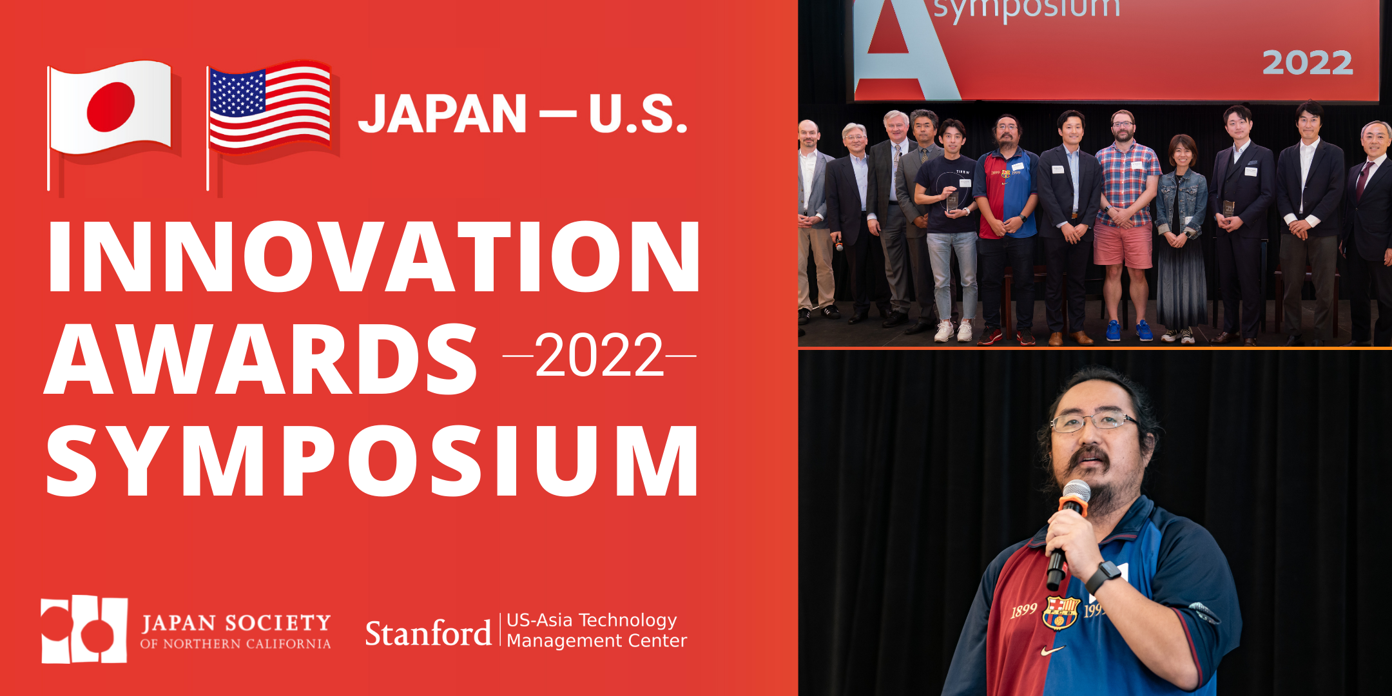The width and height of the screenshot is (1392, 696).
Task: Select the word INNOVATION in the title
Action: [374, 257]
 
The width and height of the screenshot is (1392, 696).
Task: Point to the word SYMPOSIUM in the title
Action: [372, 460]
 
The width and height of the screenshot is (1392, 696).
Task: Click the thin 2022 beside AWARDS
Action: [599, 356]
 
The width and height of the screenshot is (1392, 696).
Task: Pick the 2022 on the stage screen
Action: [1307, 63]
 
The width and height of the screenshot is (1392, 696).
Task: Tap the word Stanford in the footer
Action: [428, 633]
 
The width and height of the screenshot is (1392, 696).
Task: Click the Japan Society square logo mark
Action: [84, 629]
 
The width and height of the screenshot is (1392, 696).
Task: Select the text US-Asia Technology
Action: [592, 620]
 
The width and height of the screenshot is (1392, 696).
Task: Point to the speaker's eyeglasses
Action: [1094, 422]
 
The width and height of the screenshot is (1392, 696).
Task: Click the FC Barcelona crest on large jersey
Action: [1061, 612]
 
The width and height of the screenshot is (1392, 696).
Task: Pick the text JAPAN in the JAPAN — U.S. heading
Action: [443, 114]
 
